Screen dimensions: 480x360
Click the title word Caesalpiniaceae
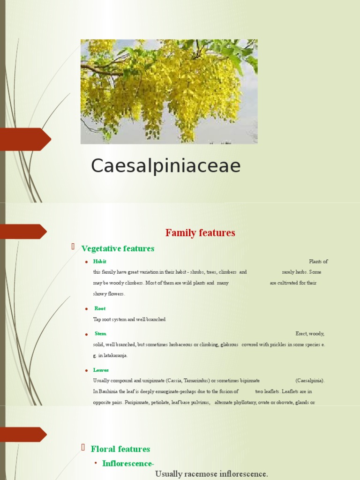(165, 166)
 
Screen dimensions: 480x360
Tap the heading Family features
(200, 232)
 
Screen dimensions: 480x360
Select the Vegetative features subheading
(118, 248)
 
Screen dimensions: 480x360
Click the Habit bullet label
(99, 262)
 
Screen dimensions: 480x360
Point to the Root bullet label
(100, 308)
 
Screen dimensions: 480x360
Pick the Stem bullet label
(100, 334)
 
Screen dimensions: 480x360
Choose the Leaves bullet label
(101, 370)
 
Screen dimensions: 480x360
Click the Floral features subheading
(120, 449)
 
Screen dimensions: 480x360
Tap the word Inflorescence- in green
(128, 464)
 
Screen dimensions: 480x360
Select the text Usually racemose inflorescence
(211, 474)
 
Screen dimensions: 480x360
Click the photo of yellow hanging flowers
(169, 91)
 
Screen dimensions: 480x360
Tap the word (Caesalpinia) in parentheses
(310, 380)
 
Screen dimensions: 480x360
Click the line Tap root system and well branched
(129, 319)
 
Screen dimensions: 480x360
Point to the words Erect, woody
(309, 334)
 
